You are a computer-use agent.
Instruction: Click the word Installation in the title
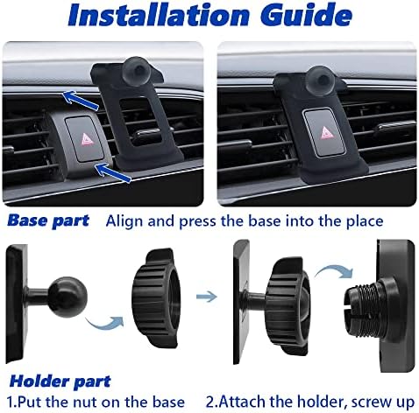(x=159, y=15)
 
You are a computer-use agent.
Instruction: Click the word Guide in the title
(x=306, y=14)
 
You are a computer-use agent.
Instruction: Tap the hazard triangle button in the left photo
(x=83, y=138)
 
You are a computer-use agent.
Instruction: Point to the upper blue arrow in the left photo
(x=81, y=100)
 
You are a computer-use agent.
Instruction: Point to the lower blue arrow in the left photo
(x=112, y=172)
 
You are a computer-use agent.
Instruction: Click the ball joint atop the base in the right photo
(x=322, y=80)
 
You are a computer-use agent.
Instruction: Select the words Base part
(x=48, y=220)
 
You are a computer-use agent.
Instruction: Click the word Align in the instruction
(x=124, y=221)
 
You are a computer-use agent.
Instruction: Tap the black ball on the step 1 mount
(x=67, y=297)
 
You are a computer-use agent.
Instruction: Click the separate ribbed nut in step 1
(x=155, y=297)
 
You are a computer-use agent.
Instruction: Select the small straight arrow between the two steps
(x=207, y=297)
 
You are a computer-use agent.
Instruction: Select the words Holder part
(x=60, y=381)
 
